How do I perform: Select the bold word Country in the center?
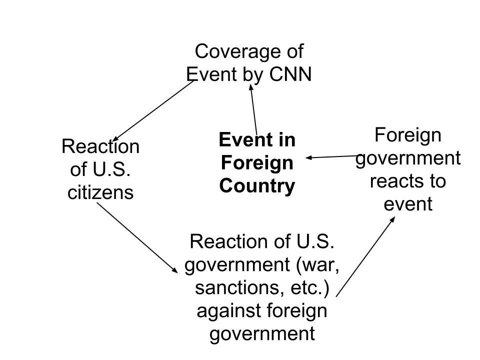tap(257, 186)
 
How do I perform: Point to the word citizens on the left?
tap(100, 192)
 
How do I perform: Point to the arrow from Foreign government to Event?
tap(332, 156)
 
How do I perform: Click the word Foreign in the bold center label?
tap(256, 163)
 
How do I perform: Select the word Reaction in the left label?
tap(100, 147)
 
